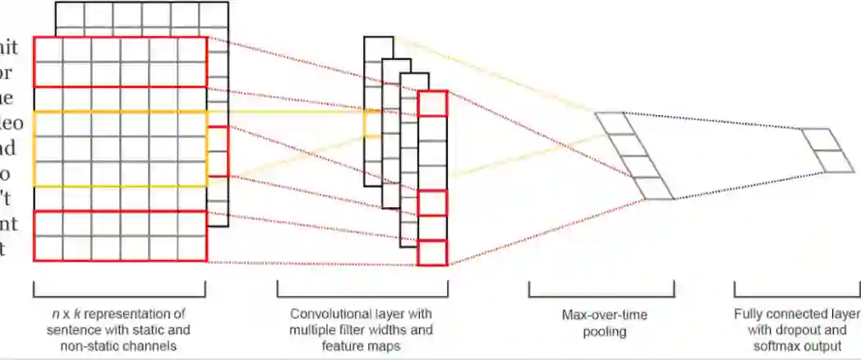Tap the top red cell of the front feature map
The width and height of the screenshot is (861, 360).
click(x=432, y=104)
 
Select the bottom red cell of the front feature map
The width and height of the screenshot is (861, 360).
click(x=432, y=252)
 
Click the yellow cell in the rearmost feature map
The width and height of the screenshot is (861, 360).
click(x=373, y=123)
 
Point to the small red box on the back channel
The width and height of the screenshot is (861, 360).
click(x=218, y=151)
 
